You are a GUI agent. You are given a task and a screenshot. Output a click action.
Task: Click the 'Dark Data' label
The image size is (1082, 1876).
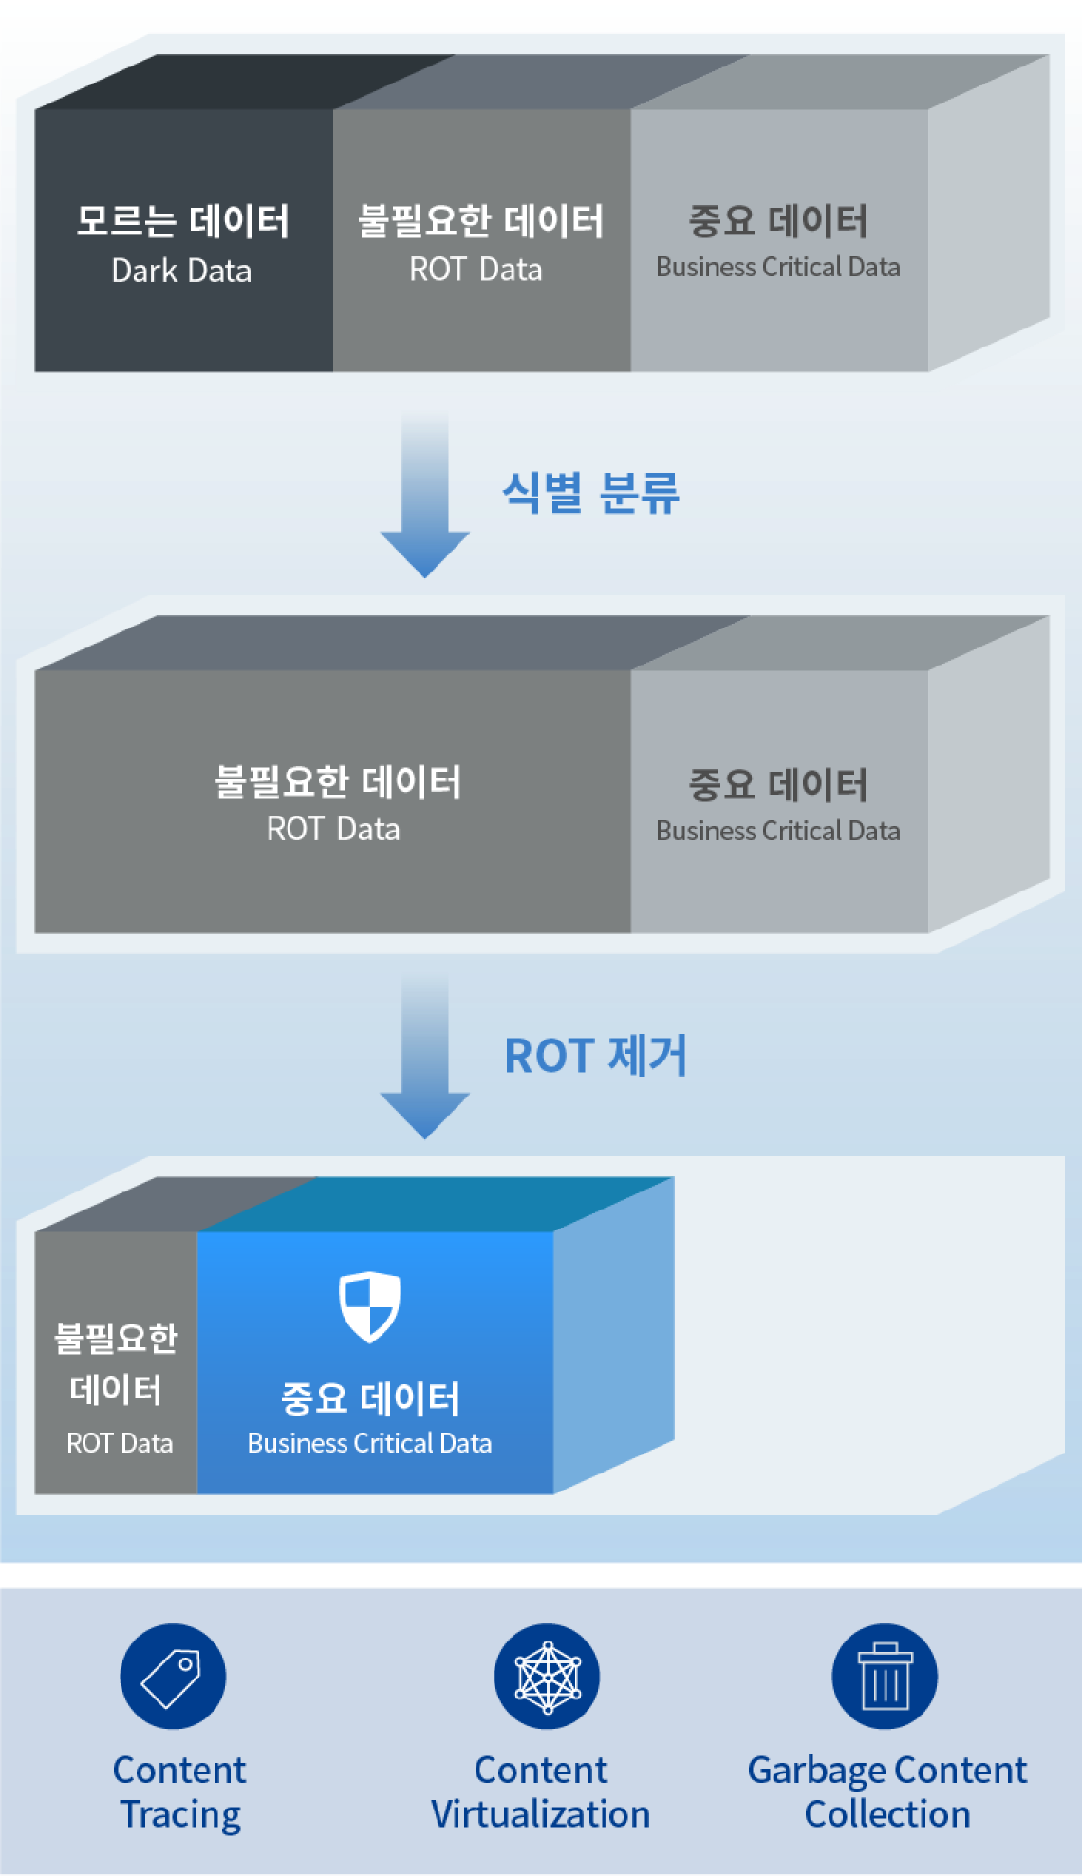coord(181,272)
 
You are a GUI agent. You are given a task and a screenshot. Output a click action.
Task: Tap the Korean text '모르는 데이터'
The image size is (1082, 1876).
coord(182,221)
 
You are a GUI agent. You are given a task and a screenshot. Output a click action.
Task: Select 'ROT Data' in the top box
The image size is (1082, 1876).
coord(476,270)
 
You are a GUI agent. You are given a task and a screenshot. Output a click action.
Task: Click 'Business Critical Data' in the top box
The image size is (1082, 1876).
coord(777,268)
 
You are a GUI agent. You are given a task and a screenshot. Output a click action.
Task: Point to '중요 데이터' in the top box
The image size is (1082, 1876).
coord(777,221)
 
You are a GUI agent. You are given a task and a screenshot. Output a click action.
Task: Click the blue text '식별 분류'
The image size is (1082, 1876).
coord(590,494)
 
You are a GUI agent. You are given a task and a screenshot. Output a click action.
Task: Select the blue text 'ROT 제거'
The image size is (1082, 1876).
coord(595,1056)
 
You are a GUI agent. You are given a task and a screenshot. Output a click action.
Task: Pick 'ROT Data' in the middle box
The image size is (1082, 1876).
coord(333,830)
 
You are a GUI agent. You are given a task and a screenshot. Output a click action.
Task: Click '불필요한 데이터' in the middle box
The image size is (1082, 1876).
coord(337,783)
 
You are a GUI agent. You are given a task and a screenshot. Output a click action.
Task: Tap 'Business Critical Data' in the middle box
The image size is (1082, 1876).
coord(777,832)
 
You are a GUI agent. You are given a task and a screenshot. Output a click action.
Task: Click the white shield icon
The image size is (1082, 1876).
coord(369,1306)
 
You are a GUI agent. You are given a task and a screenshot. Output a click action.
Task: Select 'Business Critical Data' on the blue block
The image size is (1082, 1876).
coord(369,1444)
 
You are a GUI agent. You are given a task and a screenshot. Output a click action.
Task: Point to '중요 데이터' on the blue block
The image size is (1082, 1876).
coord(369,1398)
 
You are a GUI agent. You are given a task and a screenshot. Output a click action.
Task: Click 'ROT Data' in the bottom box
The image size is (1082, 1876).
coord(120,1444)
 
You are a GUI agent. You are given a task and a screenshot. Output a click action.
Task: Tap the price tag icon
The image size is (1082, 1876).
coord(171,1679)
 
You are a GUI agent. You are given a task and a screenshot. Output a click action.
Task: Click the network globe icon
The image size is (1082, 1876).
coord(548,1678)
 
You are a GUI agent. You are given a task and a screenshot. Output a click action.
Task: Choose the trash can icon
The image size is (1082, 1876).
coord(885,1677)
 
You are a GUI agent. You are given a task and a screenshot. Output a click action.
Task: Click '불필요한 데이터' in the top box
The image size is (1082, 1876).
coord(480,221)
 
